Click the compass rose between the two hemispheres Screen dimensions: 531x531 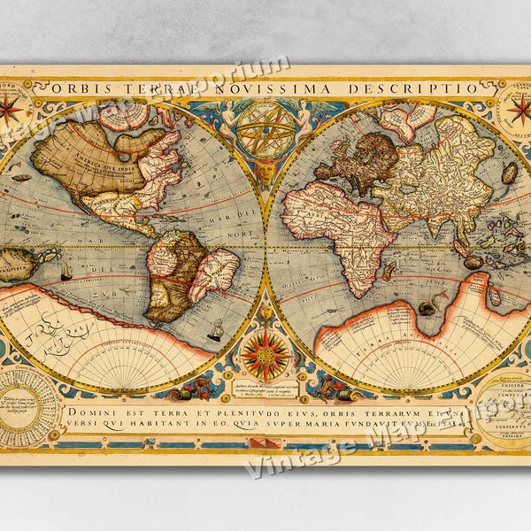[265, 355]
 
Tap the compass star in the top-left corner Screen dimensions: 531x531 [11, 110]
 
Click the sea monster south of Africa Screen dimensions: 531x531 [430, 305]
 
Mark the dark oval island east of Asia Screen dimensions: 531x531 [509, 173]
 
